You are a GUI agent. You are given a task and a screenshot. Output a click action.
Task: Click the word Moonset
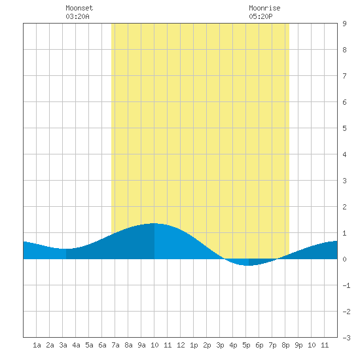pos(79,8)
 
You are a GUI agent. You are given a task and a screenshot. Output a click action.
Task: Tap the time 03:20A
pos(77,16)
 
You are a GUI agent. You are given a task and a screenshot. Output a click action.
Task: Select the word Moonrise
pos(264,8)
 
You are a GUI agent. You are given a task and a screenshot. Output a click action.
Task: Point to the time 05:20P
pos(261,16)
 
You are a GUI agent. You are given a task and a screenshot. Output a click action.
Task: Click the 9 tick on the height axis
pos(344,24)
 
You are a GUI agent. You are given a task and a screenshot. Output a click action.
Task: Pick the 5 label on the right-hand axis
pos(344,128)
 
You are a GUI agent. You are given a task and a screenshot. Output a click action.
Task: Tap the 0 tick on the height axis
pos(344,259)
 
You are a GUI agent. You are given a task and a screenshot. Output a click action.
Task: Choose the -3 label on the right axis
pos(346,338)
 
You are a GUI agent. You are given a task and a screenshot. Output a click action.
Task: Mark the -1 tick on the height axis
pos(346,285)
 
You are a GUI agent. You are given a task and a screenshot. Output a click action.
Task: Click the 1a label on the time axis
pos(37,345)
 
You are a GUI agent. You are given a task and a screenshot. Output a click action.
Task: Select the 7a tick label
pos(115,345)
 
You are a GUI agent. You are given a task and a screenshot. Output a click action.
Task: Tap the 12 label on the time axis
pos(181,345)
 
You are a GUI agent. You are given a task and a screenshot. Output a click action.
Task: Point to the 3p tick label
pos(220,345)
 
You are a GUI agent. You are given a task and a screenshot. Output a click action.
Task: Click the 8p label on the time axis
pos(285,345)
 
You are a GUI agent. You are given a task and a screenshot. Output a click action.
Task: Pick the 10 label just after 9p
pos(312,345)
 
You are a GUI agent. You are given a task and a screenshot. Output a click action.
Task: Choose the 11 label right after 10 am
pos(168,345)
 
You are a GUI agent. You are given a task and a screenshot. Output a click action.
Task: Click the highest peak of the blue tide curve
pos(154,223)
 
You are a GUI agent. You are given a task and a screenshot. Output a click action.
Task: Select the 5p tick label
pos(246,345)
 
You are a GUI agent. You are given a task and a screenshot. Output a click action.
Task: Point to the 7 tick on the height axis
pos(344,76)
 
